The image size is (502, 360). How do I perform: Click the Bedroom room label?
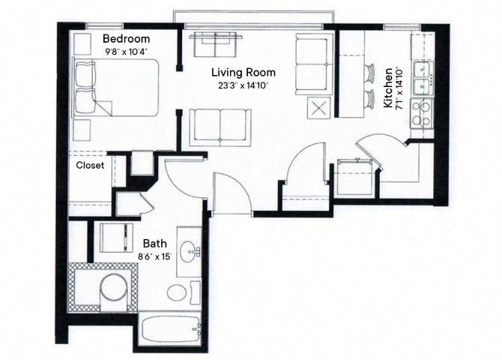(x=126, y=39)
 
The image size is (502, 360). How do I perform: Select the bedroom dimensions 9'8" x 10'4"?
(x=126, y=52)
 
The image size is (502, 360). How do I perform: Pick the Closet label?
(x=90, y=166)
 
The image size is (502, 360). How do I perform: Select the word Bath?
(x=154, y=244)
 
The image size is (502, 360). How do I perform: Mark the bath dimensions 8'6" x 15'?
(x=154, y=256)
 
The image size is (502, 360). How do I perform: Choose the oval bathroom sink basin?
(x=190, y=249)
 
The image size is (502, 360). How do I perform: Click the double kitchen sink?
(x=425, y=73)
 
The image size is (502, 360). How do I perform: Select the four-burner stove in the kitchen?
(x=424, y=112)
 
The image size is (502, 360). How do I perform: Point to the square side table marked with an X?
(x=319, y=106)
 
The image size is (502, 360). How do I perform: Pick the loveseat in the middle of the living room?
(x=219, y=126)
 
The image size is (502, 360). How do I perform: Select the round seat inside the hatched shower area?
(x=113, y=289)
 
